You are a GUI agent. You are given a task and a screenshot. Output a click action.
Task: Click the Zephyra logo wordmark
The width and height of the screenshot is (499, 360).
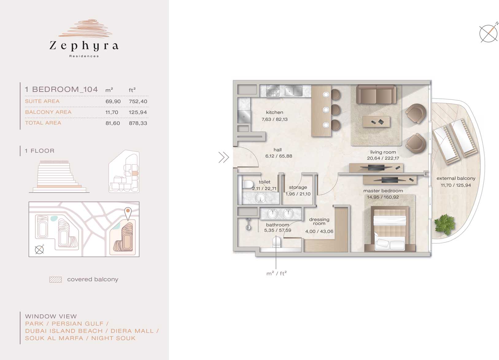point(84,46)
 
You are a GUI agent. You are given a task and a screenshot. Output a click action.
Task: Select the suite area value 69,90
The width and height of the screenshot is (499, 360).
point(113,102)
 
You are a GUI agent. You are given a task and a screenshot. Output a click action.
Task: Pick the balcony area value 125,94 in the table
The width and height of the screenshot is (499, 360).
point(138,112)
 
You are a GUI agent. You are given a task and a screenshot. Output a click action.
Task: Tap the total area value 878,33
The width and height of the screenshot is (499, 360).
point(138,123)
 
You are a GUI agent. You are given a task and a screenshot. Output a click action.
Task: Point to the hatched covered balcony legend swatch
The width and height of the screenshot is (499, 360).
point(56,280)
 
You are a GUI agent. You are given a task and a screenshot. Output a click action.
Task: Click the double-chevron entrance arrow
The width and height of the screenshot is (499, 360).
point(224,157)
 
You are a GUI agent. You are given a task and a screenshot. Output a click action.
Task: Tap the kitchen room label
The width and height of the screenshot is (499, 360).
point(274,113)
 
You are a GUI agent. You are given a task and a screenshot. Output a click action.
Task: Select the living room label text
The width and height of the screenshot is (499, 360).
point(383,152)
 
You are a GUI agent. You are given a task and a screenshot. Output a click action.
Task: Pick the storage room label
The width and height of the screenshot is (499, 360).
point(298,188)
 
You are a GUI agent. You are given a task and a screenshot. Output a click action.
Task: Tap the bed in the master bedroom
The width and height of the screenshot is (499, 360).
point(390,229)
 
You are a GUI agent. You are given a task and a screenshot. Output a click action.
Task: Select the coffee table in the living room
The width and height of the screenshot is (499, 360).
point(376,122)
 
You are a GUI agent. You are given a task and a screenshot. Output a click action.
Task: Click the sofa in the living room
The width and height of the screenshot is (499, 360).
point(376,94)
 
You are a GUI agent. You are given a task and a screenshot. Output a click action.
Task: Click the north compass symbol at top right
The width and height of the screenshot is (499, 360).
point(488,33)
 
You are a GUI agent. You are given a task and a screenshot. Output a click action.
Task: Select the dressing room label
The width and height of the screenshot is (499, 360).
point(319,222)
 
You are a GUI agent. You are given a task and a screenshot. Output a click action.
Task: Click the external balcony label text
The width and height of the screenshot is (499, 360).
point(456,178)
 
